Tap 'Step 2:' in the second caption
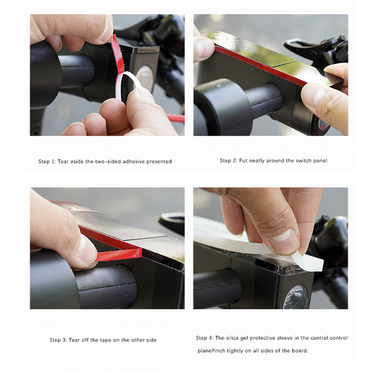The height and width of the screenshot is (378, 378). pyautogui.click(x=229, y=161)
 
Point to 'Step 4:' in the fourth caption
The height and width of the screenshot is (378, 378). pyautogui.click(x=205, y=338)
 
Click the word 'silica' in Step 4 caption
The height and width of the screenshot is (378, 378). pyautogui.click(x=232, y=338)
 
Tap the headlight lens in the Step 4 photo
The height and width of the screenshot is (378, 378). pyautogui.click(x=296, y=297)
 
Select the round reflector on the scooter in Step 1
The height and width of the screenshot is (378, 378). pyautogui.click(x=145, y=77)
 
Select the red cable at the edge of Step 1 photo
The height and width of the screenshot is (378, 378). pyautogui.click(x=176, y=118)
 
